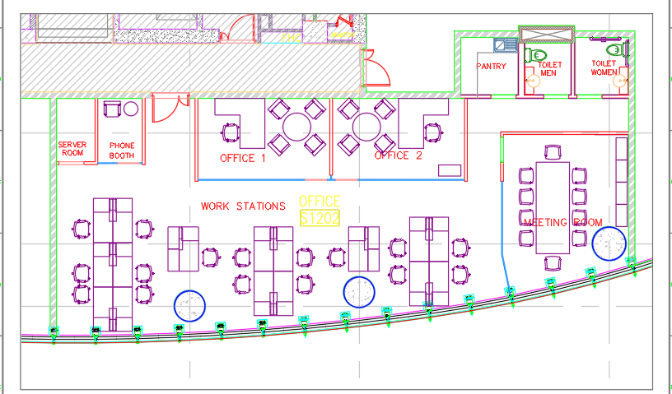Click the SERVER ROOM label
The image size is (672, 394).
72,149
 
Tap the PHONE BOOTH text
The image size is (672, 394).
122,150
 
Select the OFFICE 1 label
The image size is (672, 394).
242,157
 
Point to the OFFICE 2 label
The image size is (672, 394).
399,155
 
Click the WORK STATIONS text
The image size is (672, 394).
243,206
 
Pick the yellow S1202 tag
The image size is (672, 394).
320,219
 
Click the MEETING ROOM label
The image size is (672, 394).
563,222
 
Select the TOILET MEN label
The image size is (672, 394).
548,68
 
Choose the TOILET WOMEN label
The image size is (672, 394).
604,67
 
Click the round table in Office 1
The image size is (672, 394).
296,127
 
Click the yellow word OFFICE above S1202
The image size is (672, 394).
320,202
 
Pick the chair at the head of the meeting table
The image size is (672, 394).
553,151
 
